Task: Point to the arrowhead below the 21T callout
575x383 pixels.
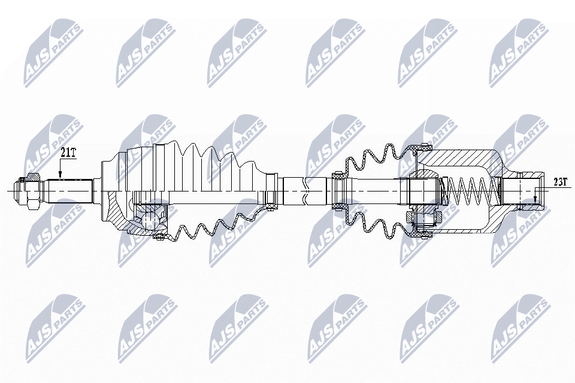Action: [x=60, y=175]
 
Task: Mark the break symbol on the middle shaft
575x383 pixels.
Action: [x=306, y=191]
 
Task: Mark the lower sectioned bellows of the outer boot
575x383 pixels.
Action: [x=210, y=230]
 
